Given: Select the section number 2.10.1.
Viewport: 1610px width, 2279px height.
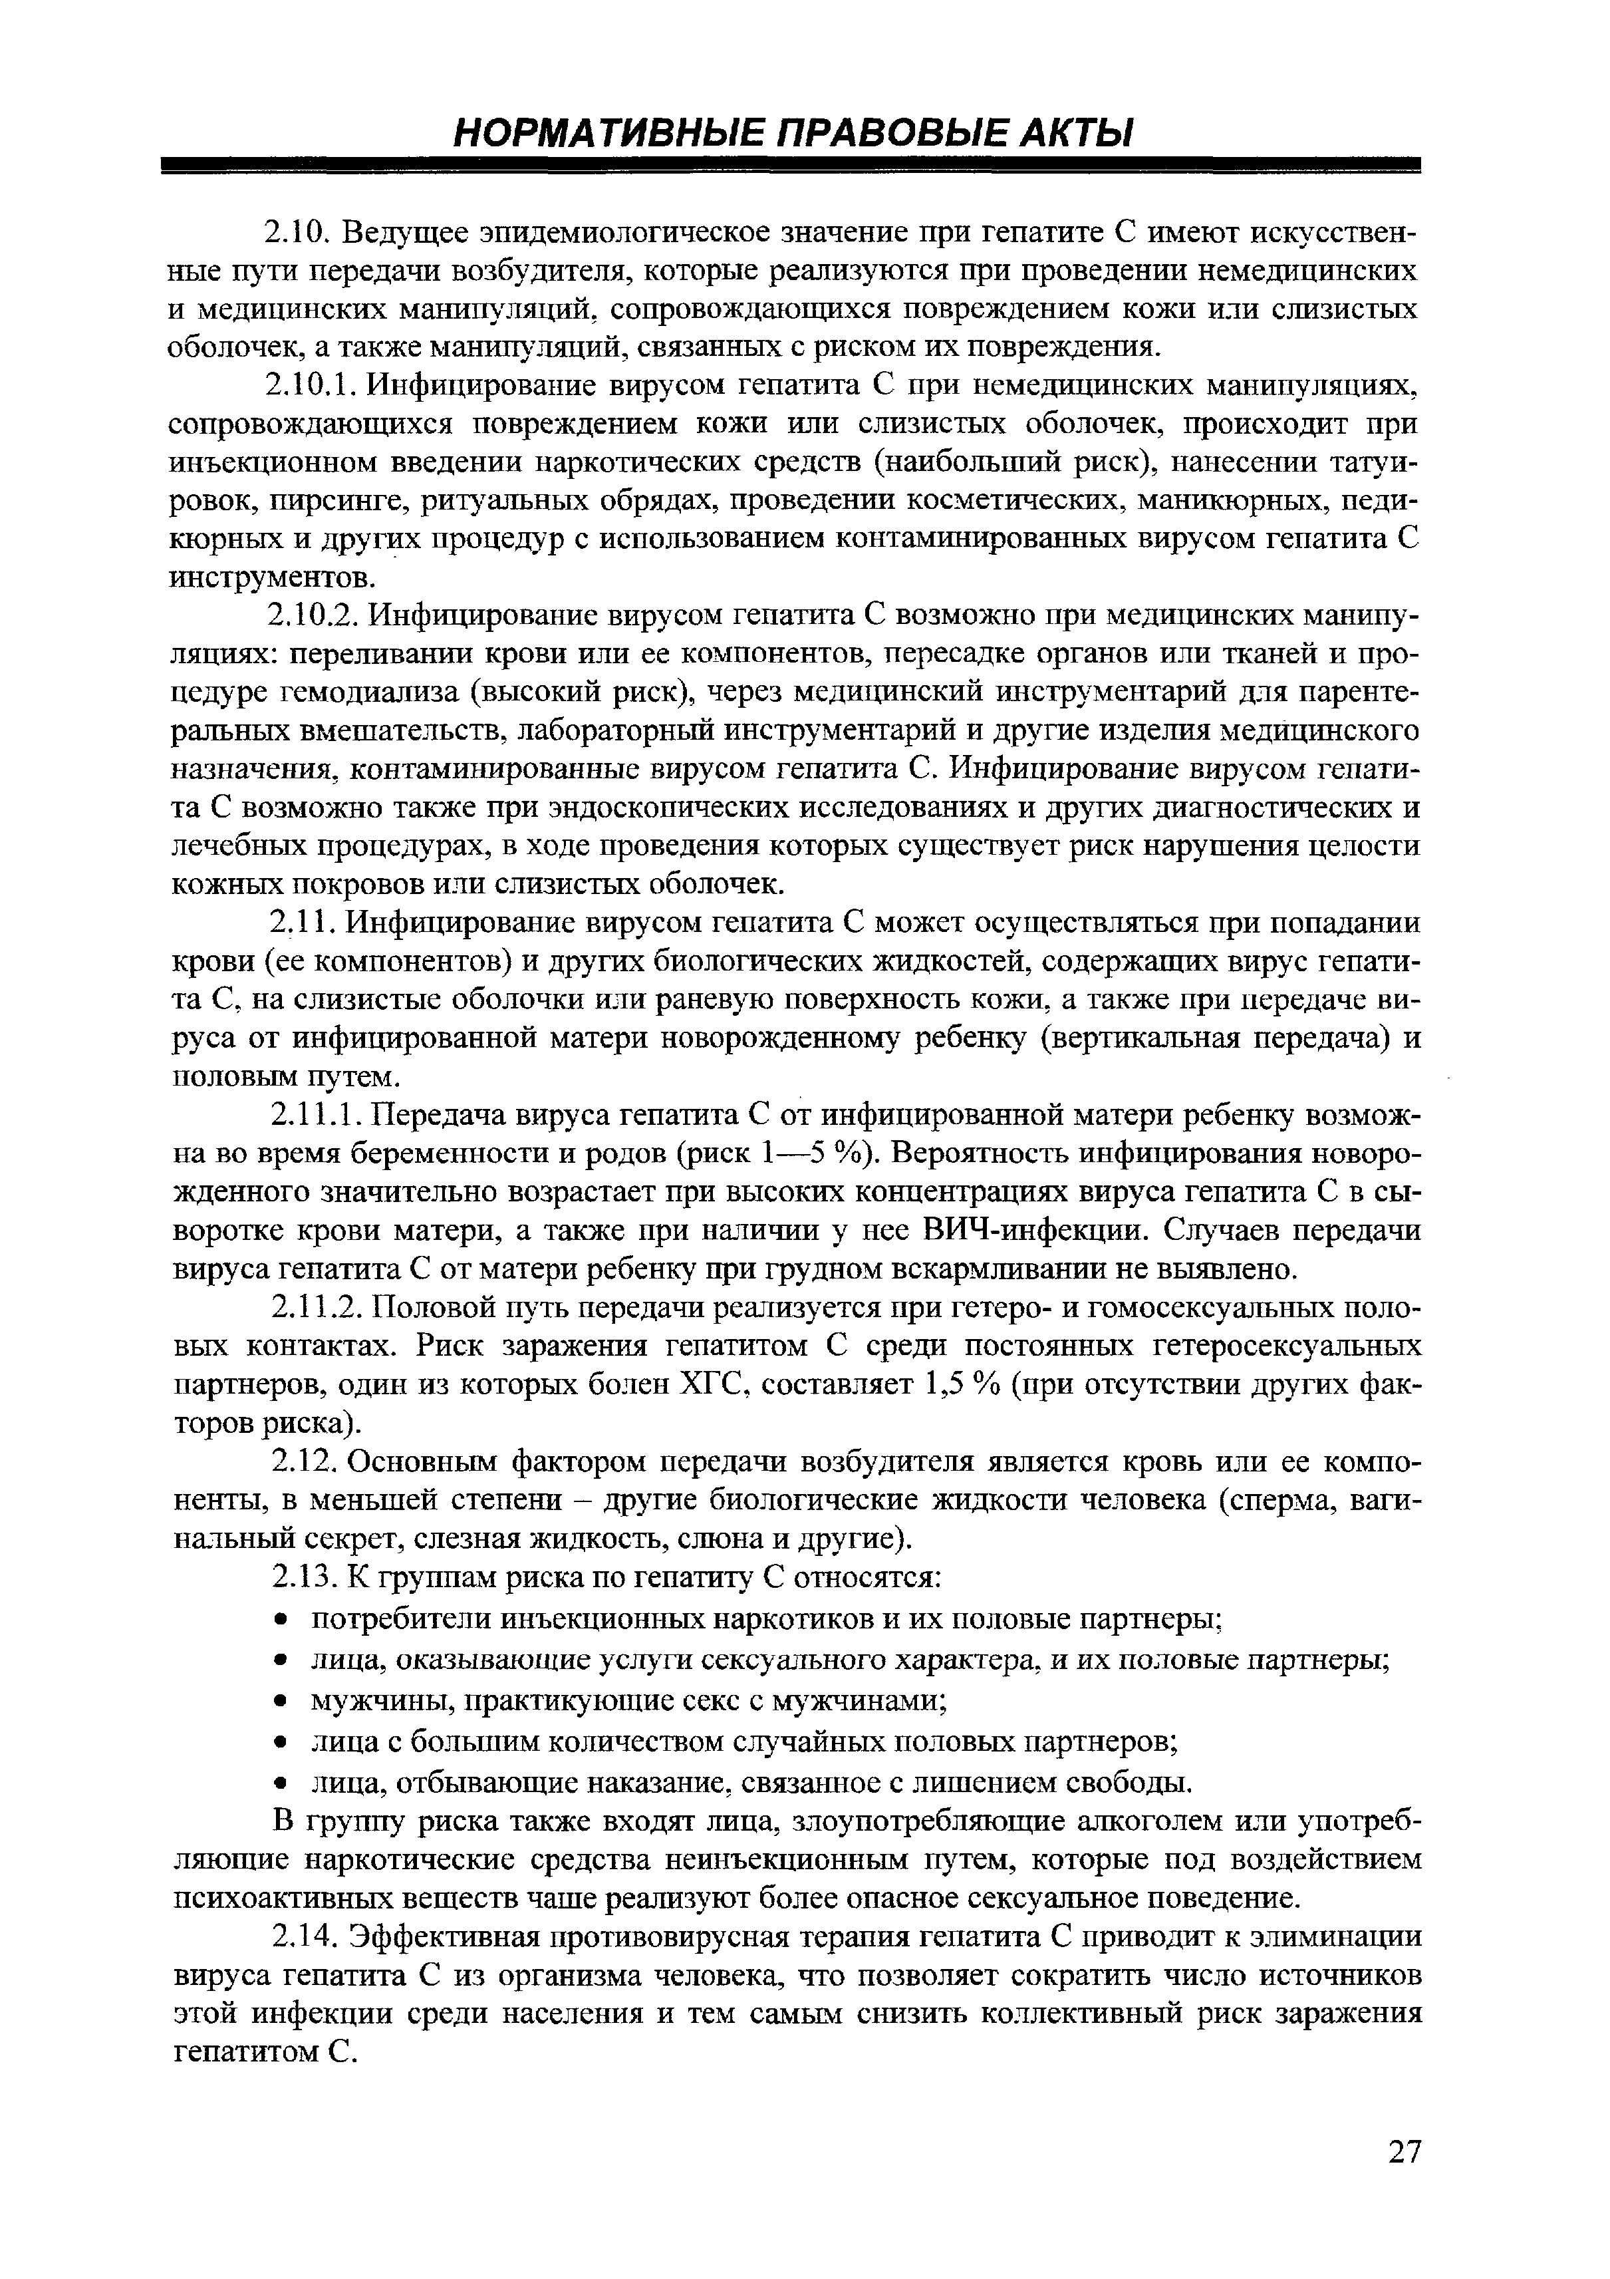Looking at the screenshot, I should (308, 385).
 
